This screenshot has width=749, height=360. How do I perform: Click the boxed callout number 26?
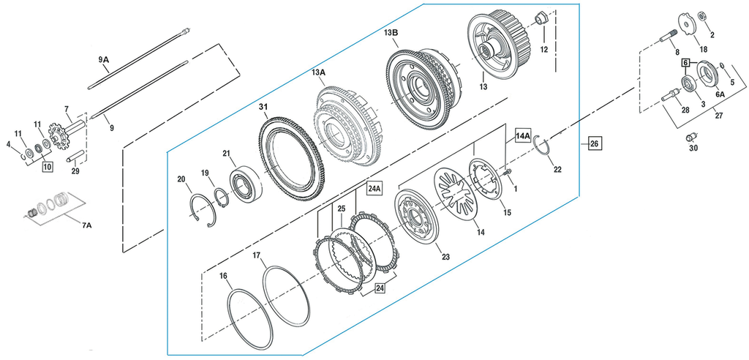(594, 144)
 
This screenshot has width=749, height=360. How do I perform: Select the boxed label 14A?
(523, 135)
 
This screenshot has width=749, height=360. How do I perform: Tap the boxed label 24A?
(374, 188)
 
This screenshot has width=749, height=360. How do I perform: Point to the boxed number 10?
(47, 167)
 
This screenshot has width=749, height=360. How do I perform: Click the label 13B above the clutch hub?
(391, 33)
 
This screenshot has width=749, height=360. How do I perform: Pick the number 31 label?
(263, 108)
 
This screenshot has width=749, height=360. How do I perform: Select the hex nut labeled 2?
(701, 15)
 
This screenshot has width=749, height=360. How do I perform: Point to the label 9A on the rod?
(103, 59)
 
